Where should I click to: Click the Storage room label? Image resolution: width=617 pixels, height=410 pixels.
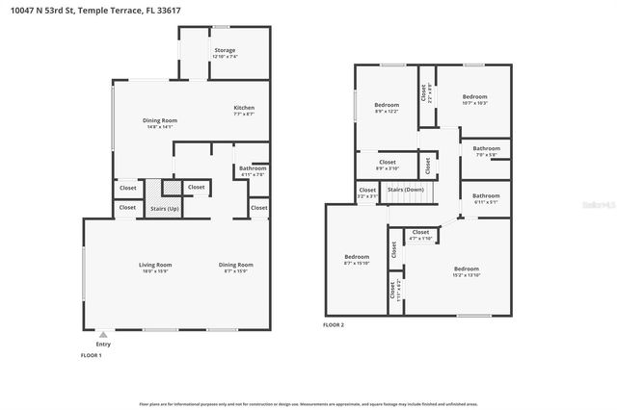[225, 50]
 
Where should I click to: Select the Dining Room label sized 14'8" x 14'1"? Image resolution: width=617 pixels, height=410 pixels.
[160, 120]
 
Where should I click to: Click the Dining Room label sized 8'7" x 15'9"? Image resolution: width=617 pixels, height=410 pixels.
[235, 264]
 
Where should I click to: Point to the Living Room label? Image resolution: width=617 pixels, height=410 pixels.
[155, 264]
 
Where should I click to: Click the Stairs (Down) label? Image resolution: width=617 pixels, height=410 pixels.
[405, 190]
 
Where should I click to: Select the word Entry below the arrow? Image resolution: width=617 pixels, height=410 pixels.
[103, 344]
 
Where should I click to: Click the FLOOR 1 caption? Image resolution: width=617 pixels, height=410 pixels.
[91, 355]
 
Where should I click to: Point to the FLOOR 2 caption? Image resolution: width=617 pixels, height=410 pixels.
[334, 325]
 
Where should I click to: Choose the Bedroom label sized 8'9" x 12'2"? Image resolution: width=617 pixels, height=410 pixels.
[387, 103]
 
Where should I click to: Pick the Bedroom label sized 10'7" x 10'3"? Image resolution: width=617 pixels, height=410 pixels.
[474, 96]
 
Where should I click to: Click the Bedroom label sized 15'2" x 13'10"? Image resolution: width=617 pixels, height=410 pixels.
[466, 269]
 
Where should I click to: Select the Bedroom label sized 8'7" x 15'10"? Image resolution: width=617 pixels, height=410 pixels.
[357, 256]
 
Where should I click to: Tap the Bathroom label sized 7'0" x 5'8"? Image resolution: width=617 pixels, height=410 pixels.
[486, 148]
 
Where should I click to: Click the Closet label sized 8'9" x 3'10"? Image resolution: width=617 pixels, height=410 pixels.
[387, 163]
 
